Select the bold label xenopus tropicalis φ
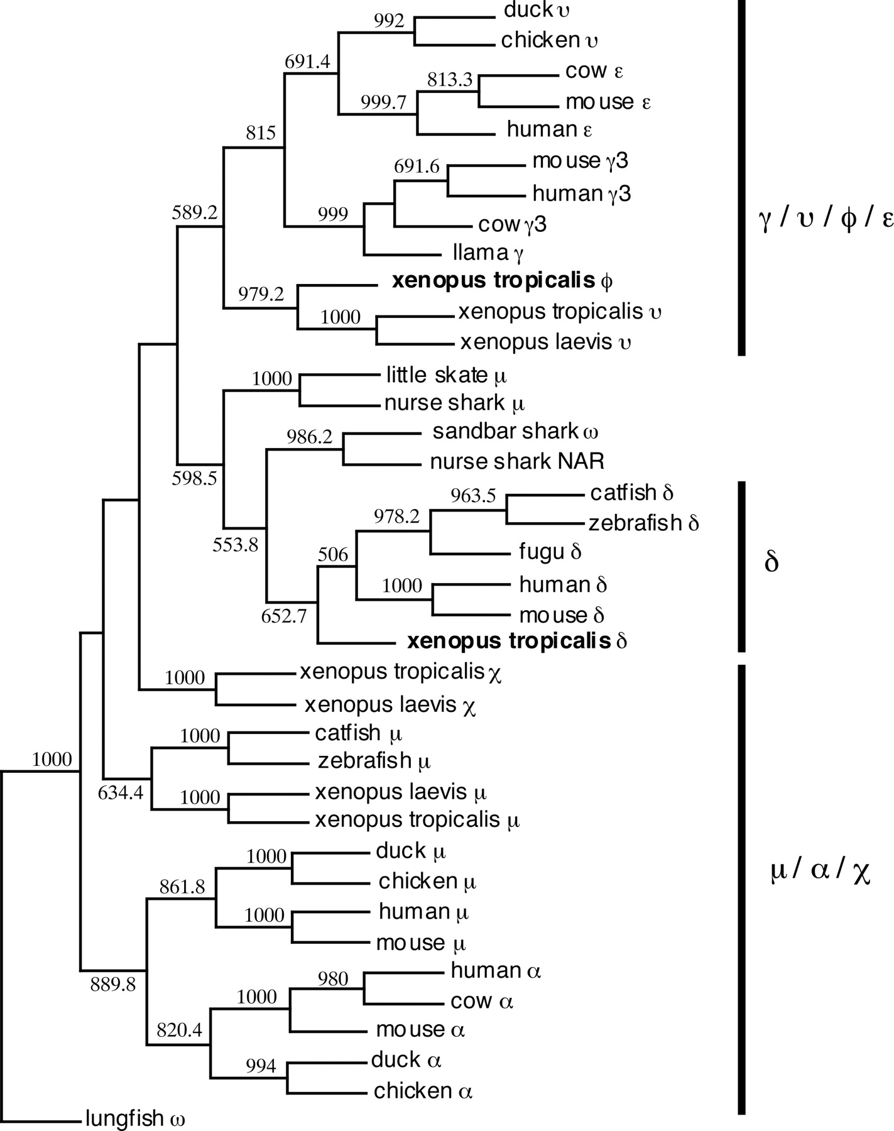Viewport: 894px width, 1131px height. coord(502,280)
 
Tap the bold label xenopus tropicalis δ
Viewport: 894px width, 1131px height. coord(517,641)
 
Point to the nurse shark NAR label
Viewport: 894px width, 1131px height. coord(517,462)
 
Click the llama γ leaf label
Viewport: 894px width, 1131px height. coord(488,253)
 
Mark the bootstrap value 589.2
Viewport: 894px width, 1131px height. coord(195,212)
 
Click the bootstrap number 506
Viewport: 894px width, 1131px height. coord(333,554)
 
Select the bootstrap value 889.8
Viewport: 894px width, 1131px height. coord(113,984)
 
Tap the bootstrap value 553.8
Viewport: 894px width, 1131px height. coord(235,544)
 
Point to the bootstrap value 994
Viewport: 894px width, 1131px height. coord(261,1066)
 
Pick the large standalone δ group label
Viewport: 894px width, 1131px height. coord(771,562)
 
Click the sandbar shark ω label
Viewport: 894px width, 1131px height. coord(515,432)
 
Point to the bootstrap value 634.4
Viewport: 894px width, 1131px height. coord(121,793)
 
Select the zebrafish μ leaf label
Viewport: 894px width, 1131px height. coord(374,761)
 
